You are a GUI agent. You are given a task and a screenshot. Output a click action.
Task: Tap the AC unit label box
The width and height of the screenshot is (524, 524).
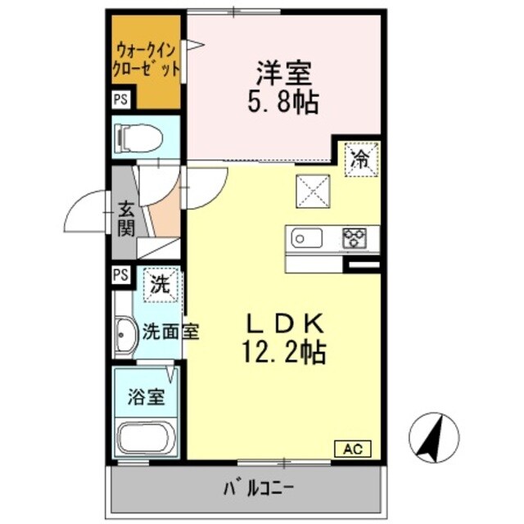[353, 449]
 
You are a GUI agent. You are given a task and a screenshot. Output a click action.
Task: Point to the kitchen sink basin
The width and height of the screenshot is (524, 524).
[306, 238]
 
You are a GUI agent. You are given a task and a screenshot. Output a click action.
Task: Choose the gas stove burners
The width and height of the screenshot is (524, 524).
[355, 238]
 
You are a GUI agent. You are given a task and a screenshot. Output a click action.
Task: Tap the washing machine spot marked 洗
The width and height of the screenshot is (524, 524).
[160, 286]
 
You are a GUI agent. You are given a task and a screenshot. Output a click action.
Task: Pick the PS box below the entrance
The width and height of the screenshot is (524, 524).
[121, 275]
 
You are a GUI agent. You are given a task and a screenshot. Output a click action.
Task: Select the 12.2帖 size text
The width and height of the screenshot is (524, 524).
[283, 353]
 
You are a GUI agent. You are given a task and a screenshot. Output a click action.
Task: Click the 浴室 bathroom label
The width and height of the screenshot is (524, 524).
[146, 399]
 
